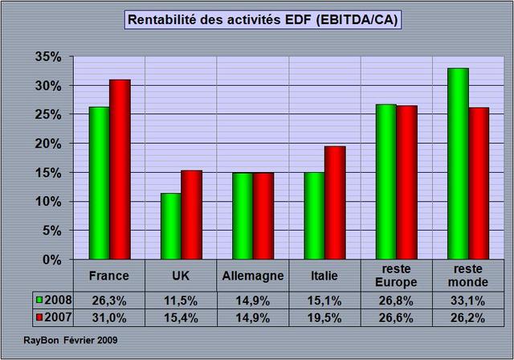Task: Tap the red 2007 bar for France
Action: tap(120, 170)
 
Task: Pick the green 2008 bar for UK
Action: tap(170, 226)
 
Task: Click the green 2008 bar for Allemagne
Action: tap(242, 216)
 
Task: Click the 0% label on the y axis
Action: tap(51, 260)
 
